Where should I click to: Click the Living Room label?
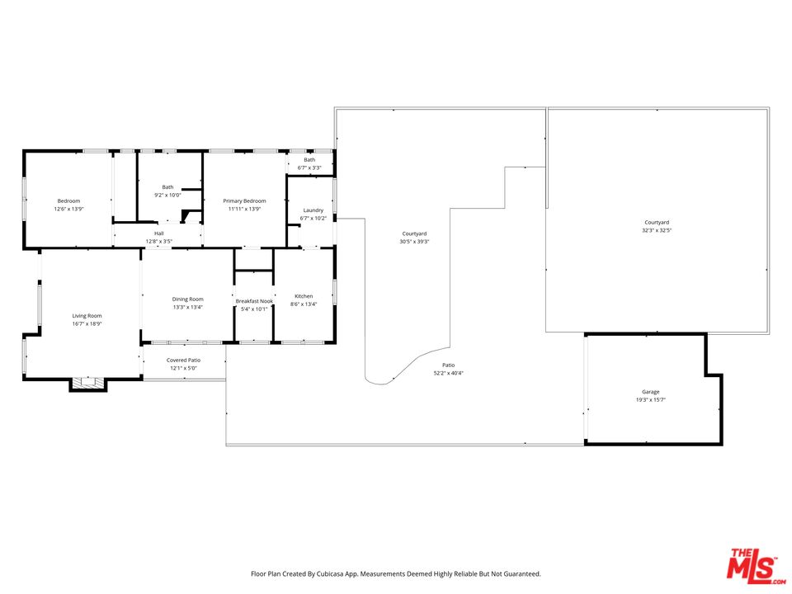pyautogui.click(x=87, y=316)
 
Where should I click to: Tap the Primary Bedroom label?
pyautogui.click(x=244, y=201)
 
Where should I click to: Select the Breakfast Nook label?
pyautogui.click(x=254, y=301)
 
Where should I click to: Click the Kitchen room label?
pyautogui.click(x=304, y=296)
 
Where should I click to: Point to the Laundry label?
pyautogui.click(x=313, y=210)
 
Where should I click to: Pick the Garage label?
pyautogui.click(x=651, y=392)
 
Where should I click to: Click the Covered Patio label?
pyautogui.click(x=183, y=361)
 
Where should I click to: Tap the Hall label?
pyautogui.click(x=159, y=233)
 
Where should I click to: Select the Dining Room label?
pyautogui.click(x=187, y=299)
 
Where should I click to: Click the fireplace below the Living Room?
pyautogui.click(x=88, y=384)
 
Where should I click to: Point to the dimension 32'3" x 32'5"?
pyautogui.click(x=657, y=230)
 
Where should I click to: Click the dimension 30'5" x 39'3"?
pyautogui.click(x=414, y=242)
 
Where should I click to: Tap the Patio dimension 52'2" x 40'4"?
pyautogui.click(x=449, y=373)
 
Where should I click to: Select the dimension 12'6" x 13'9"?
pyautogui.click(x=68, y=209)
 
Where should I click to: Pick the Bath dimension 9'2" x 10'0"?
pyautogui.click(x=167, y=195)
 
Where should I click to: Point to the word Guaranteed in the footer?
pyautogui.click(x=523, y=574)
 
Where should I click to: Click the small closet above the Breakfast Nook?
pyautogui.click(x=253, y=259)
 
